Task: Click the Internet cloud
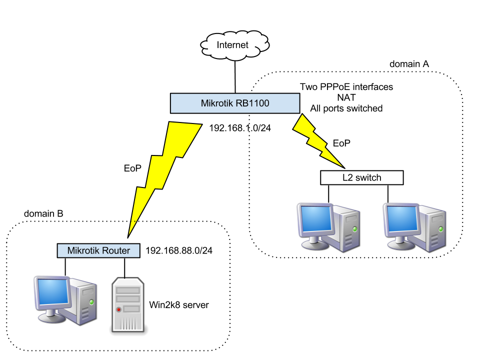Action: [x=234, y=45]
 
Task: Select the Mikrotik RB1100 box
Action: [x=235, y=103]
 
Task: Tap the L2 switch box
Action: [x=361, y=177]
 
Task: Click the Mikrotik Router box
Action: [x=98, y=250]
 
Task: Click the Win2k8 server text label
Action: [x=178, y=304]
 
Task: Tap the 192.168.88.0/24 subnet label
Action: [x=179, y=250]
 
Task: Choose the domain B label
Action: [x=44, y=213]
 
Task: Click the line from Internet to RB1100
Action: [x=234, y=74]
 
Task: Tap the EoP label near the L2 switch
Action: [x=341, y=143]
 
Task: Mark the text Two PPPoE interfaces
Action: [x=346, y=87]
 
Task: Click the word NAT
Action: [x=346, y=97]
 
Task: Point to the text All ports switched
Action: [x=346, y=108]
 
